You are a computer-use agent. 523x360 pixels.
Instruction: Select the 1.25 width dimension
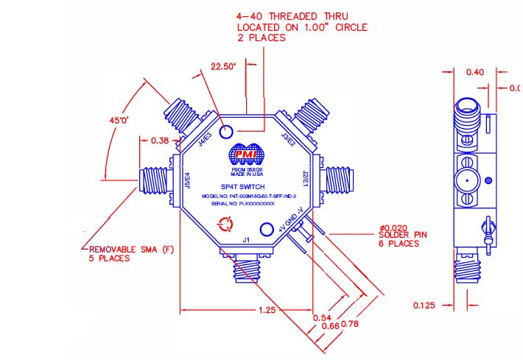266,311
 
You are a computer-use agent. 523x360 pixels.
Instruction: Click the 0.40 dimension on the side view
476,72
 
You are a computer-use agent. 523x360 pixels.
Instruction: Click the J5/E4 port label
187,182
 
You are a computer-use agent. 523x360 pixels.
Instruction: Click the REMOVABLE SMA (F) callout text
117,253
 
